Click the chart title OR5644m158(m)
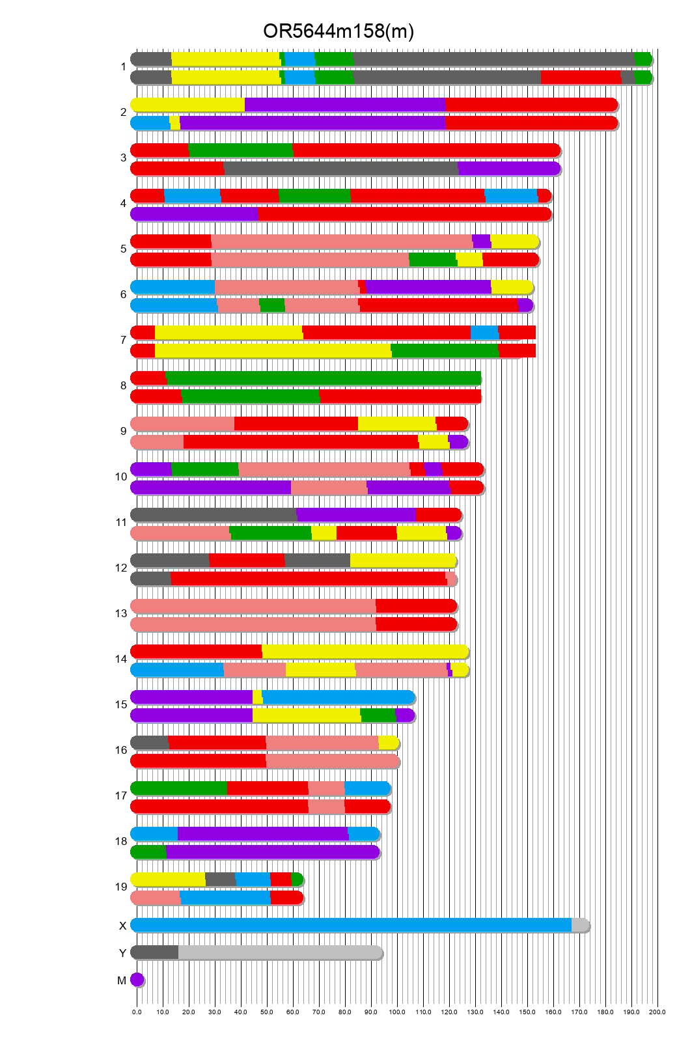click(338, 31)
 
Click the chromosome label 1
click(123, 67)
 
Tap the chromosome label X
click(122, 926)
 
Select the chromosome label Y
click(122, 953)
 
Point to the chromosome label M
click(122, 980)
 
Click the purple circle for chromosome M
click(137, 980)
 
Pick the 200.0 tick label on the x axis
click(657, 1012)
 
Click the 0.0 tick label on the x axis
click(137, 1012)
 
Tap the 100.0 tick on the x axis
click(397, 1012)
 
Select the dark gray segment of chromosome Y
click(155, 952)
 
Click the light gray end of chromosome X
click(579, 925)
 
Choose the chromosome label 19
click(121, 887)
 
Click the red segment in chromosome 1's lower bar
click(581, 77)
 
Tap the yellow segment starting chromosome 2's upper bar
click(187, 105)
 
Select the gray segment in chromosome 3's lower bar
click(340, 169)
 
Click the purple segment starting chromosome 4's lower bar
click(194, 214)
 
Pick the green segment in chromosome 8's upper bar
click(324, 378)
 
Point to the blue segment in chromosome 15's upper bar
click(338, 697)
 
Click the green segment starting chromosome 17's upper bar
click(179, 788)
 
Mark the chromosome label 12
click(121, 568)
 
